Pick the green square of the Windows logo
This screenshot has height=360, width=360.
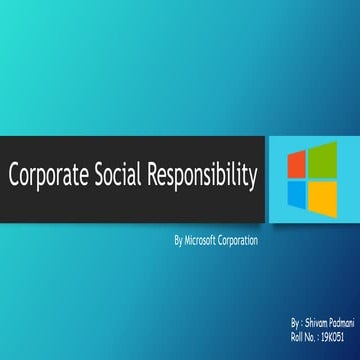click(x=322, y=161)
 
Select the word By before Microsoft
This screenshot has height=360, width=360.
click(x=178, y=241)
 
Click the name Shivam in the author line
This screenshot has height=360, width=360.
click(x=317, y=325)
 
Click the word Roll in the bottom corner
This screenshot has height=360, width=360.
click(x=297, y=336)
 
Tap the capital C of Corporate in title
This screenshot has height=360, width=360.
click(x=14, y=177)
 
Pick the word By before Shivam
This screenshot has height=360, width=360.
click(x=294, y=325)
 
